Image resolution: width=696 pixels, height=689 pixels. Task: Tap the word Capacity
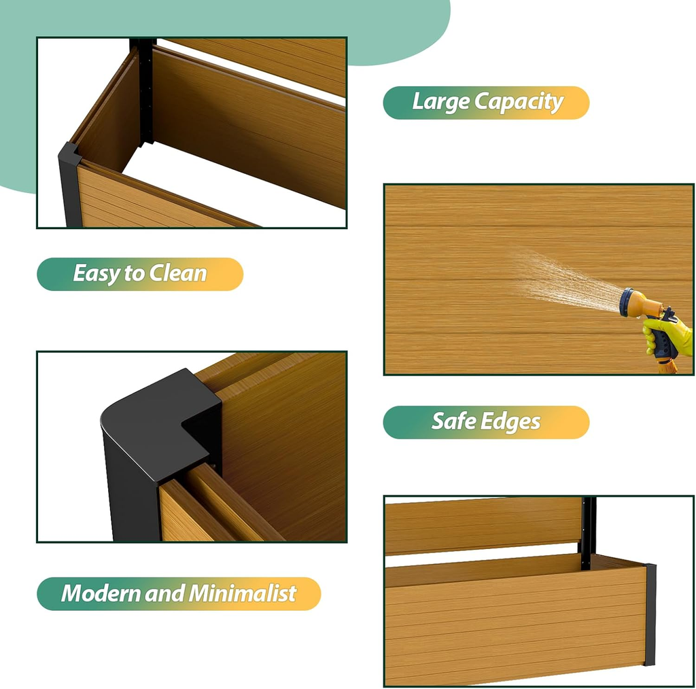click(519, 103)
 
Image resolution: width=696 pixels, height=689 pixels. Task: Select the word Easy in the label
click(97, 273)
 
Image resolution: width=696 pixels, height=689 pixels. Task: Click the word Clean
click(178, 273)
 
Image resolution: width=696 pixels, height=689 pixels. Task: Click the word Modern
click(101, 593)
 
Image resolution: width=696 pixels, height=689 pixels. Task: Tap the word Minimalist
click(243, 593)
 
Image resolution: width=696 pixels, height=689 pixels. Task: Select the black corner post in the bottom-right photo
click(650, 614)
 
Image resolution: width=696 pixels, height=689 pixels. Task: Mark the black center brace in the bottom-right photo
click(588, 533)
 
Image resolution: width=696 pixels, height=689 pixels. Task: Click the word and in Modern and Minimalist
click(164, 594)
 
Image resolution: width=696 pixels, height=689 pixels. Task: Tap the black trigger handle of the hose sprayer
click(665, 338)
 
